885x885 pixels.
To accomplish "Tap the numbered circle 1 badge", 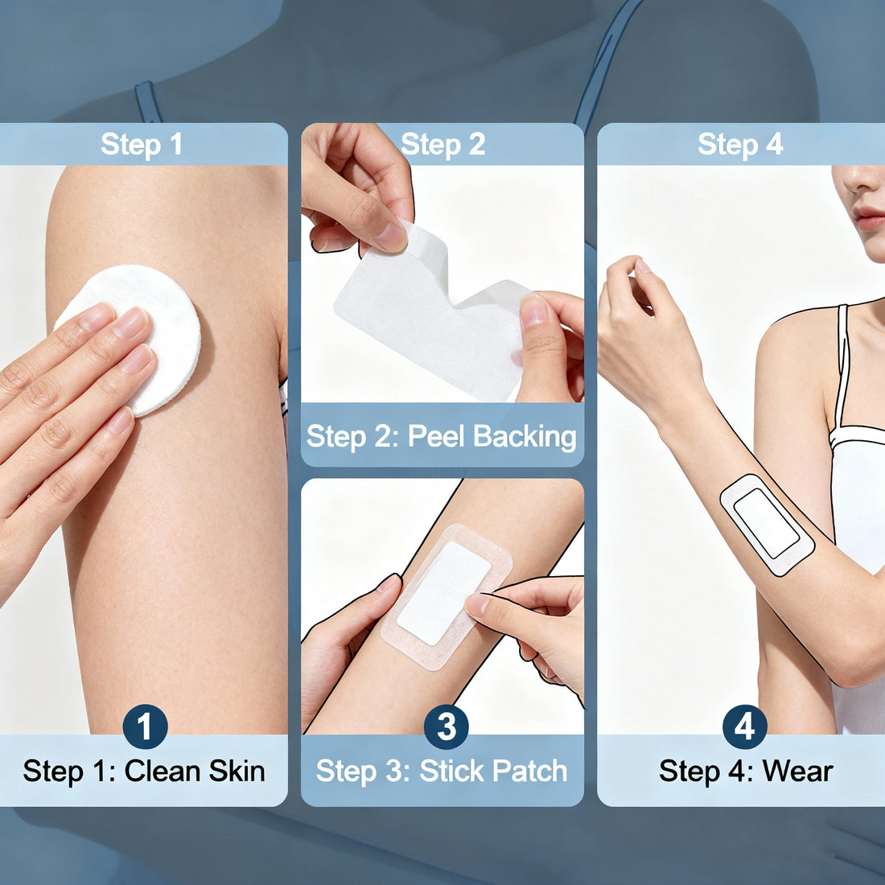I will pos(145,727).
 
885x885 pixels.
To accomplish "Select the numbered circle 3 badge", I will pos(446,727).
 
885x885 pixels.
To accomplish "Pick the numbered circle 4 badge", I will pos(744,727).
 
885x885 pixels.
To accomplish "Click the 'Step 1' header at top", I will pos(142,145).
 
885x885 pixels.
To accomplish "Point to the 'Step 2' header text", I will pos(443,145).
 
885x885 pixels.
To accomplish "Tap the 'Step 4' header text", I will pos(740,145).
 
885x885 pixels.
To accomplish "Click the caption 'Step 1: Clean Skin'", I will pos(144,771).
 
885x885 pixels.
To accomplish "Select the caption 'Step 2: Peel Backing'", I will pos(442,436).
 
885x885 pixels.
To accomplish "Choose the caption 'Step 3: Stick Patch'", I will pos(442,771).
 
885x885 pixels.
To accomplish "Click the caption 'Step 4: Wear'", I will pos(746,771).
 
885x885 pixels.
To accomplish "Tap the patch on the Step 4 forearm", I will pos(767,524).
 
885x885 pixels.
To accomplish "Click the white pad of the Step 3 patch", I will pos(443,592).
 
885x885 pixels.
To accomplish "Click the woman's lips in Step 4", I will pos(870,218).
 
